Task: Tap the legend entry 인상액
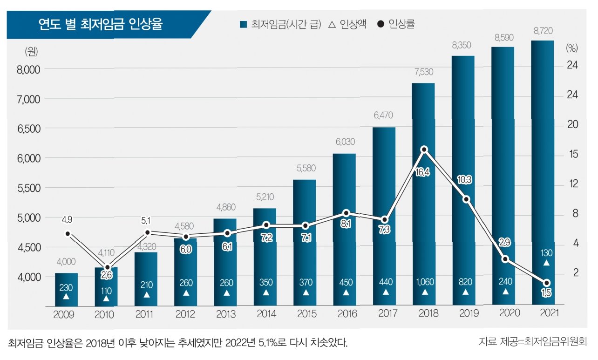(347, 25)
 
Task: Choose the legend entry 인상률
(395, 25)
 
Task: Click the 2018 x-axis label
(425, 313)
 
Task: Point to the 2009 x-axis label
(66, 314)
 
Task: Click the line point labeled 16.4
(424, 149)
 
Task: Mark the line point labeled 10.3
(465, 199)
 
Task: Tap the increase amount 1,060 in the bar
(424, 282)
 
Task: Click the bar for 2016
(344, 224)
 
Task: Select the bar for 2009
(66, 289)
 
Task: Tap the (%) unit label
(571, 48)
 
